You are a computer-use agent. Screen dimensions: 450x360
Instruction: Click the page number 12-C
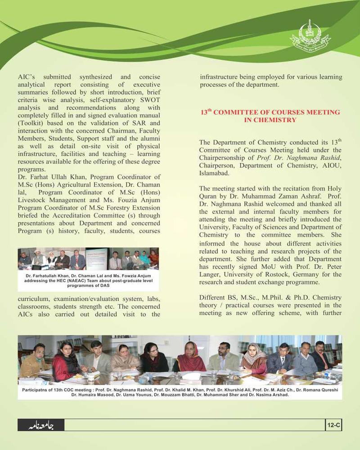pos(333,425)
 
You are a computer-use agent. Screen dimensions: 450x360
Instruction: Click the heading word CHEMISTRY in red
pos(276,120)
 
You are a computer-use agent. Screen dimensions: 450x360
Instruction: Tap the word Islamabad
pos(214,173)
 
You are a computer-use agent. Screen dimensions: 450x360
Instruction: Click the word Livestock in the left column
pos(32,200)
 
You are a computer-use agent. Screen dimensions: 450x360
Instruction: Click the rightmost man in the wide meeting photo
pos(321,355)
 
